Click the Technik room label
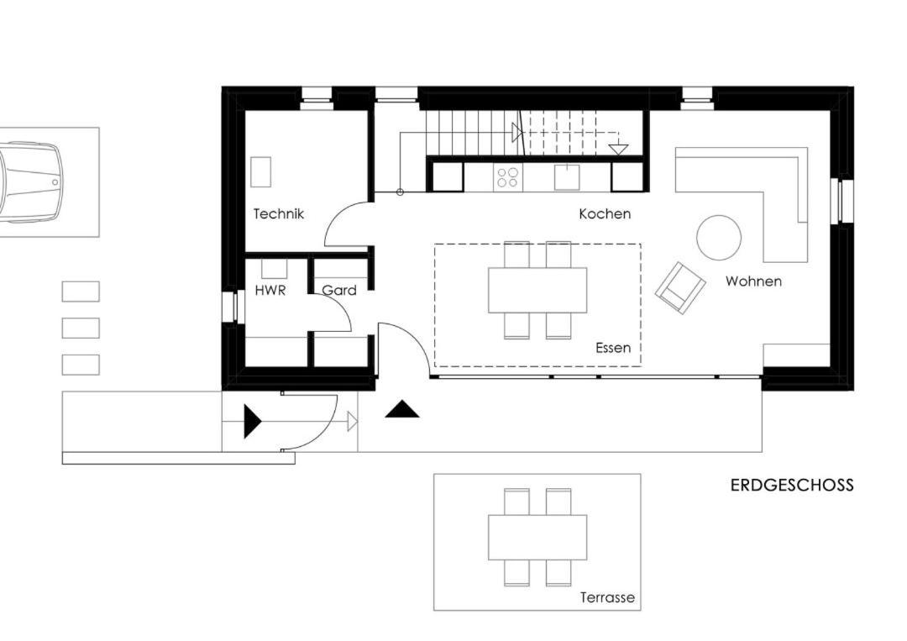click(x=278, y=214)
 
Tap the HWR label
click(x=270, y=290)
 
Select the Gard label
click(x=339, y=290)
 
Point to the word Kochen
click(x=605, y=214)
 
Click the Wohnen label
click(x=753, y=281)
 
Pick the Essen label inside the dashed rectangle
click(x=613, y=348)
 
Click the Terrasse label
click(x=607, y=597)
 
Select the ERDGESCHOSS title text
click(x=792, y=485)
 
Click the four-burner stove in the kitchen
click(x=507, y=177)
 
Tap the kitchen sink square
click(x=567, y=177)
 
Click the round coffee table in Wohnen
click(x=718, y=238)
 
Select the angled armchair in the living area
click(x=680, y=287)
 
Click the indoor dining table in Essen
click(x=537, y=290)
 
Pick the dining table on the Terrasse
click(x=537, y=537)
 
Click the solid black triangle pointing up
click(x=402, y=410)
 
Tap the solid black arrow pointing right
click(x=253, y=421)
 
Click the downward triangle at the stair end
click(x=618, y=149)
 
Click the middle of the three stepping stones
click(x=81, y=328)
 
